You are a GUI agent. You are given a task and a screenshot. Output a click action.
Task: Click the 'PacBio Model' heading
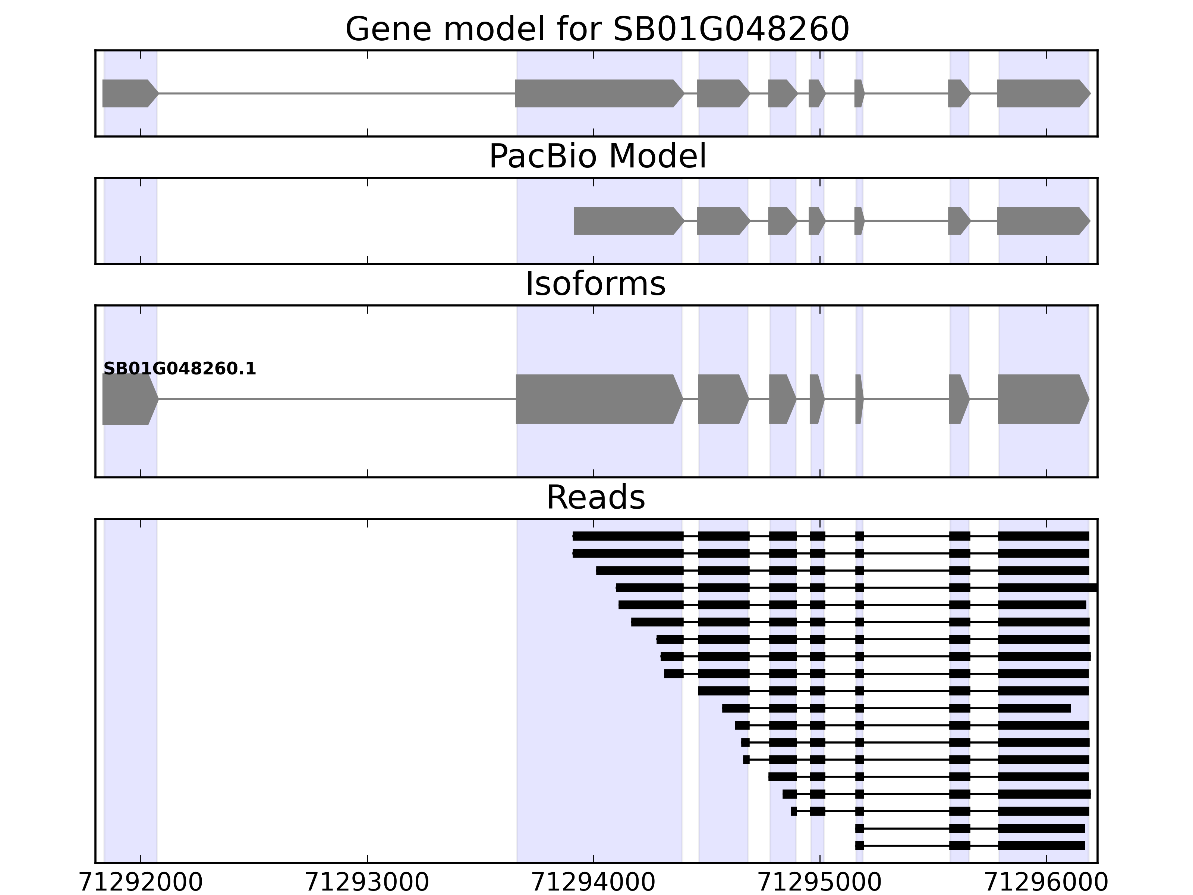(x=597, y=157)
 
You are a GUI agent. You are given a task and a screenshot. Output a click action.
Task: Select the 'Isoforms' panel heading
(x=595, y=284)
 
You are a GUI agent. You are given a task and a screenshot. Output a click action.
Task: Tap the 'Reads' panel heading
(x=595, y=497)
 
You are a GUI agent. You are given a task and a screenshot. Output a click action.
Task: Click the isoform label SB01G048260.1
(x=180, y=369)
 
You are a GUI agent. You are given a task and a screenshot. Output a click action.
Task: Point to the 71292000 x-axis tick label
(x=141, y=883)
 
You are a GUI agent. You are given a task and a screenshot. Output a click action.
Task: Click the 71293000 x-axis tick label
(x=367, y=883)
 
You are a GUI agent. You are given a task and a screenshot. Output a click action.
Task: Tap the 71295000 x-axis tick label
(x=820, y=883)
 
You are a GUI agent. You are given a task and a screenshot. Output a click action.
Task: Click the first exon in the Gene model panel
(x=128, y=93)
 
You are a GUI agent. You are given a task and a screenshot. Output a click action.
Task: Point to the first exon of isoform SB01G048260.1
(x=128, y=399)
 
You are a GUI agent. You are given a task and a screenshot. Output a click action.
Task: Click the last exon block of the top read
(x=1043, y=536)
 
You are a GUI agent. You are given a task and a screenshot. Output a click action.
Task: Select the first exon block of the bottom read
(x=860, y=845)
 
